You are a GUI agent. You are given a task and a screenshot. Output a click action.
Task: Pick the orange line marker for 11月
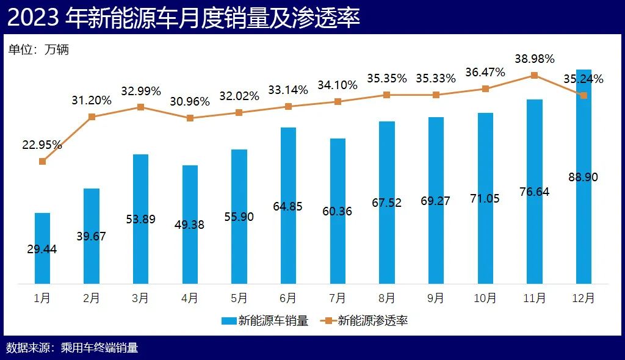point(534,76)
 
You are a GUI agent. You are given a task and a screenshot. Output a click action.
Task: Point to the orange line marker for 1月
point(42,161)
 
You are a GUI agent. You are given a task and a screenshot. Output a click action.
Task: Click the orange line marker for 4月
point(190,118)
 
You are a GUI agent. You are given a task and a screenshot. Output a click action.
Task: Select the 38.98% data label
point(534,59)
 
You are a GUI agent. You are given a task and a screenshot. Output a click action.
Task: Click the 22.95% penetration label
point(42,145)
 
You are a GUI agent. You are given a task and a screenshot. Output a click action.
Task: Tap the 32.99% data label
point(140,92)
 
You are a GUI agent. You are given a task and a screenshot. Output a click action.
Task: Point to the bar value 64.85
point(288,206)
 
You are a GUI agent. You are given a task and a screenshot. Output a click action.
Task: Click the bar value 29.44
point(42,249)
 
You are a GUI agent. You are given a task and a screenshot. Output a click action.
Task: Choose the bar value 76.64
point(534,192)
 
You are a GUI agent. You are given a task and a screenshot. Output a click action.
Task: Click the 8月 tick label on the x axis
point(386,298)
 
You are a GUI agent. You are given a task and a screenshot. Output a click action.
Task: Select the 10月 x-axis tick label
point(485,298)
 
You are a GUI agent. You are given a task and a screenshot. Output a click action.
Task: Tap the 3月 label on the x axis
point(140,298)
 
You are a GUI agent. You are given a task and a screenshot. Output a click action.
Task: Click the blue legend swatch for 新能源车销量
point(228,320)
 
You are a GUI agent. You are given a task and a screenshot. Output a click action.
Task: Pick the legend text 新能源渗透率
point(373,320)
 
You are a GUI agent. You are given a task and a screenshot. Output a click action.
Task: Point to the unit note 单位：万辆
point(38,50)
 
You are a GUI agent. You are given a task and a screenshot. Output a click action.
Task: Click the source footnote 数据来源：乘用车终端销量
point(72,348)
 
